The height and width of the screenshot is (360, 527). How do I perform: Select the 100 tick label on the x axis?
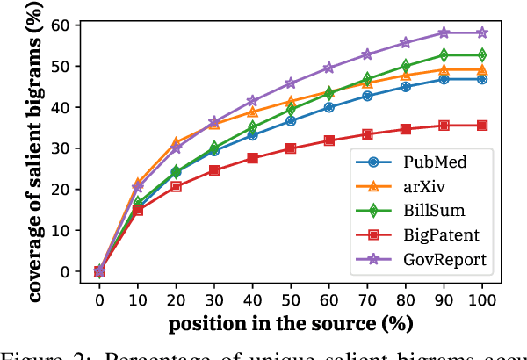click(x=481, y=300)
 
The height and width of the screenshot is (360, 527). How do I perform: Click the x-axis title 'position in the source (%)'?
click(x=290, y=322)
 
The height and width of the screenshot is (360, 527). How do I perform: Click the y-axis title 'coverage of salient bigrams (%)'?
click(x=37, y=149)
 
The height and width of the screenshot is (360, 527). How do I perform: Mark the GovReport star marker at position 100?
click(x=481, y=32)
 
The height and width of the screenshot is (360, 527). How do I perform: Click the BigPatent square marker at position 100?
click(x=481, y=126)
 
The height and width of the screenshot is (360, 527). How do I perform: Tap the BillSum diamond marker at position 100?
click(x=481, y=55)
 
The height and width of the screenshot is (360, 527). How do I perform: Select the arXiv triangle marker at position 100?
click(x=481, y=69)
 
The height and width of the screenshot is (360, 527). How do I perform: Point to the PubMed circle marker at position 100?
click(x=481, y=79)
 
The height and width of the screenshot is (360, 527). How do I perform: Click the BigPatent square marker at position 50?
click(x=290, y=148)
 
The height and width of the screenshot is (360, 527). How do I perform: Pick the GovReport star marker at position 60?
click(x=328, y=68)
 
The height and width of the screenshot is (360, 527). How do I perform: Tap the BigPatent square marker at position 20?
click(x=176, y=186)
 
